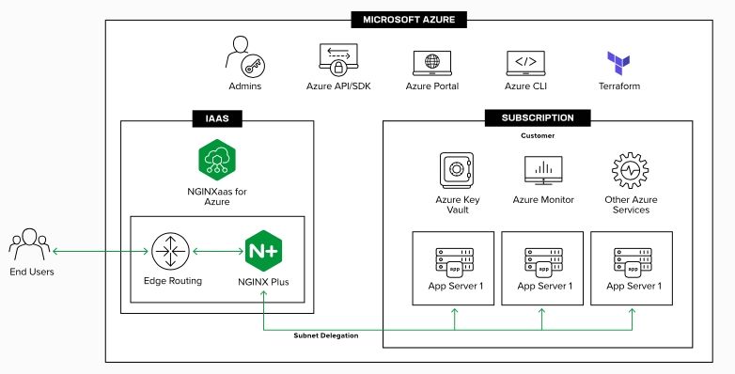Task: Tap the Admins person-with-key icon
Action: (x=243, y=59)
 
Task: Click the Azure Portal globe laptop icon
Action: (x=431, y=62)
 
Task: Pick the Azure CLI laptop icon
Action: (x=525, y=62)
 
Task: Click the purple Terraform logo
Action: (x=618, y=63)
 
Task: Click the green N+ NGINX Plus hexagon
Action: (x=263, y=252)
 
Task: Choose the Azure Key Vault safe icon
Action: (x=457, y=171)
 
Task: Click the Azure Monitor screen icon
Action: (x=542, y=171)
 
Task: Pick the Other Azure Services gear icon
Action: (x=630, y=171)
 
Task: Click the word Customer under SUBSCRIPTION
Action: (x=538, y=136)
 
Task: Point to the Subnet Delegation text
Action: (x=326, y=335)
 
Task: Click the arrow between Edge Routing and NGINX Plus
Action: (x=217, y=252)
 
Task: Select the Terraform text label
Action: (x=618, y=86)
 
